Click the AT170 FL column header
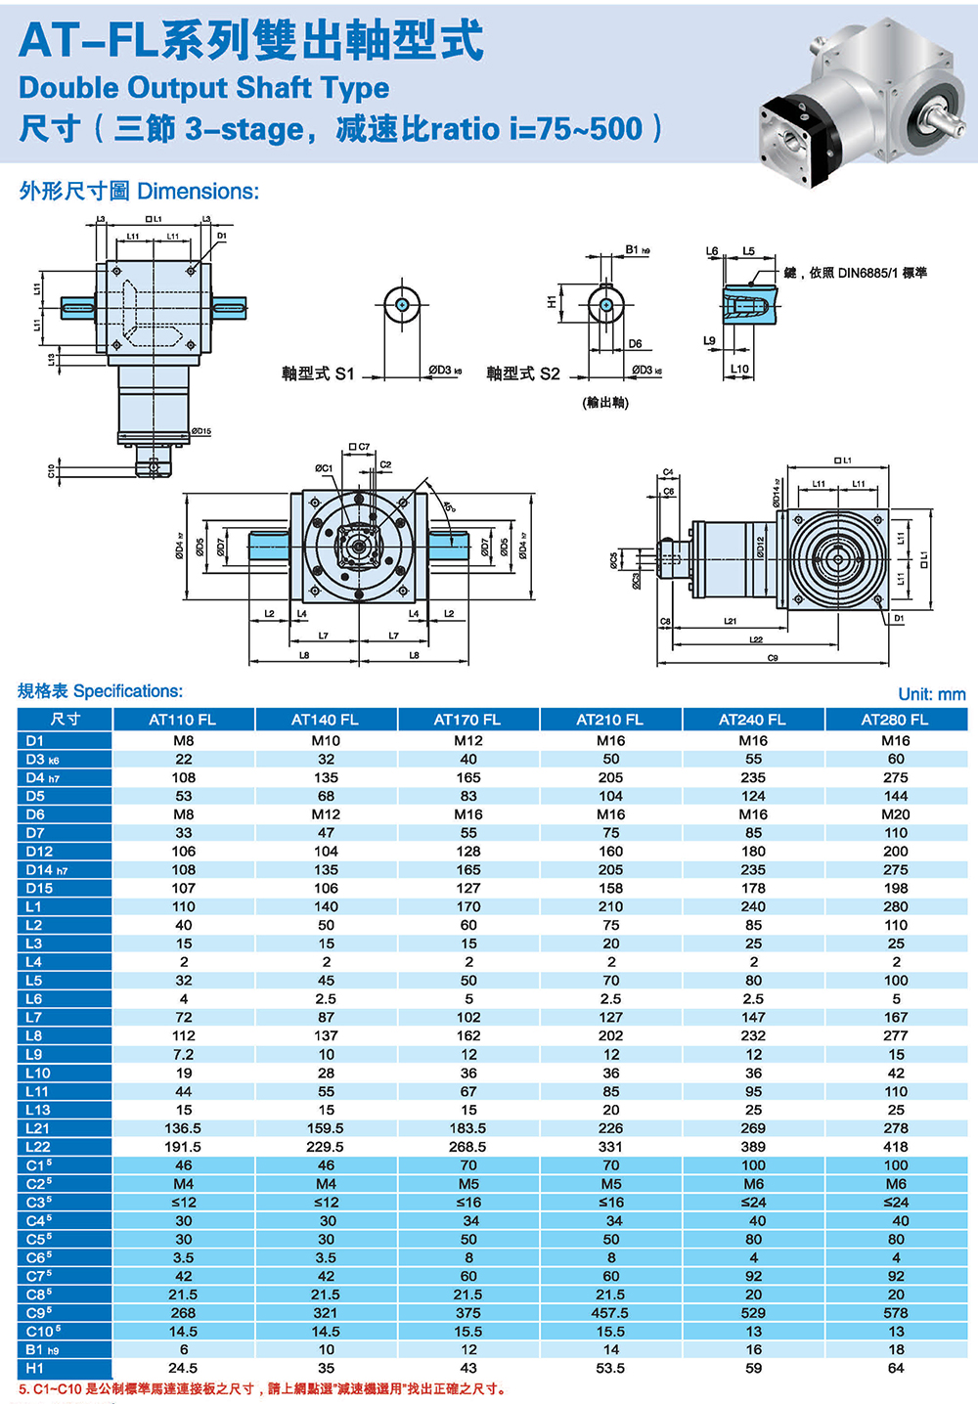[467, 720]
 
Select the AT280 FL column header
[895, 720]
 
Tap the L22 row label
[38, 1147]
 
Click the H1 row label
[35, 1368]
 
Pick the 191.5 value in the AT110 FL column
[183, 1147]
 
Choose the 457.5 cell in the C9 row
[610, 1313]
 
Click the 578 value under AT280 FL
[896, 1313]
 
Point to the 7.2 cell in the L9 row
[183, 1055]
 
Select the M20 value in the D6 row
[896, 814]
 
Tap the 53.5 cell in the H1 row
[610, 1368]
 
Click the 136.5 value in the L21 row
[183, 1128]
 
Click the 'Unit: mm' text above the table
[931, 694]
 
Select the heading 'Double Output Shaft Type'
[203, 88]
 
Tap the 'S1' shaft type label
[344, 373]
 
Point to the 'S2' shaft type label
[550, 373]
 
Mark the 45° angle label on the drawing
[449, 506]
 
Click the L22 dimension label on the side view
[756, 639]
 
